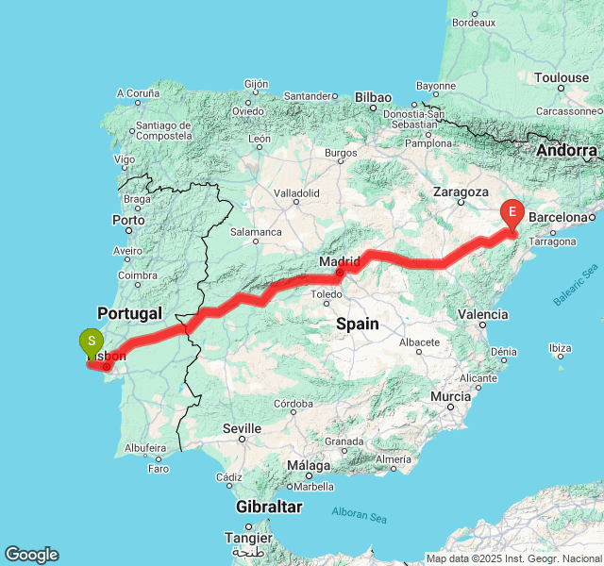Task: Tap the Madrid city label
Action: pyautogui.click(x=340, y=260)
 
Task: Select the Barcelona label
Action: pyautogui.click(x=559, y=217)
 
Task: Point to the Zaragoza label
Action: pyautogui.click(x=461, y=191)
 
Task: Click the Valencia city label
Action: pyautogui.click(x=482, y=314)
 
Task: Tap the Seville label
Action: pyautogui.click(x=242, y=428)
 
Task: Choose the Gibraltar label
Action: pyautogui.click(x=270, y=508)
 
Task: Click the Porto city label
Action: pyautogui.click(x=128, y=220)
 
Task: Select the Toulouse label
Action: pyautogui.click(x=562, y=77)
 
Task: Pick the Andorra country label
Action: pyautogui.click(x=567, y=150)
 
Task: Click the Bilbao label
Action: pyautogui.click(x=373, y=96)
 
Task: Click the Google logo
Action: pyautogui.click(x=31, y=555)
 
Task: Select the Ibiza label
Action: pyautogui.click(x=560, y=347)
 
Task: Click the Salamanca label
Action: pyautogui.click(x=257, y=231)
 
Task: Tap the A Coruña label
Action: pyautogui.click(x=138, y=92)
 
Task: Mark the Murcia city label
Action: pyautogui.click(x=450, y=397)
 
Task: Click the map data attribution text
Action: pyautogui.click(x=513, y=558)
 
